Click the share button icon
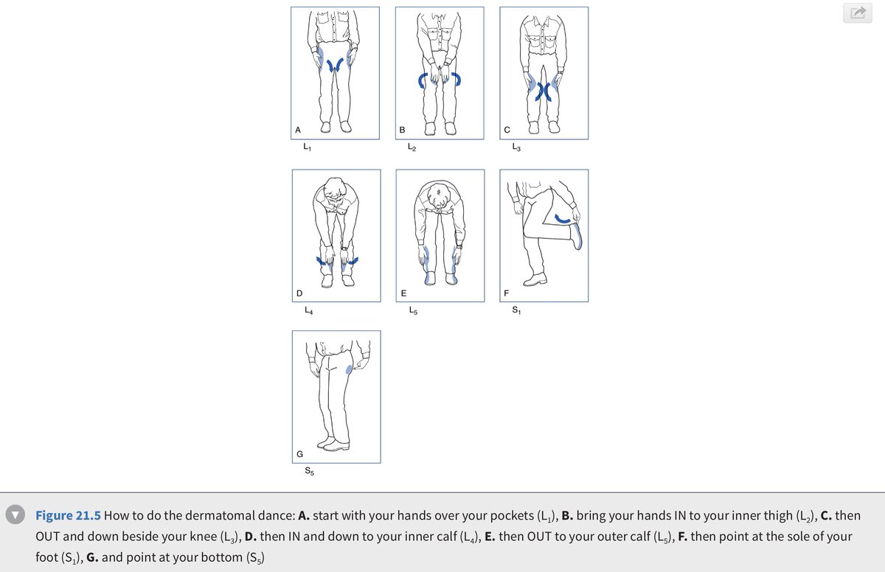[857, 13]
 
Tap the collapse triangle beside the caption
[15, 515]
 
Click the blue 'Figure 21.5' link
[68, 515]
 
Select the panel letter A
[298, 130]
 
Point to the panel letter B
[402, 130]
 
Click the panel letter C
[507, 130]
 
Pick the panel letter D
[299, 293]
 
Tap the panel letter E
[403, 293]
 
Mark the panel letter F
[507, 293]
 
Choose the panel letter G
[300, 454]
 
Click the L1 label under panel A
[308, 147]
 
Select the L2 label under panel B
[412, 147]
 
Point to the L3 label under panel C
[516, 147]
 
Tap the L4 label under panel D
[308, 310]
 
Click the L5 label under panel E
[413, 310]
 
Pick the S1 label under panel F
[516, 310]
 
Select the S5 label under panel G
[309, 471]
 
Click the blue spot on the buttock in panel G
[349, 369]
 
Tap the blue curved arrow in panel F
[563, 220]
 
